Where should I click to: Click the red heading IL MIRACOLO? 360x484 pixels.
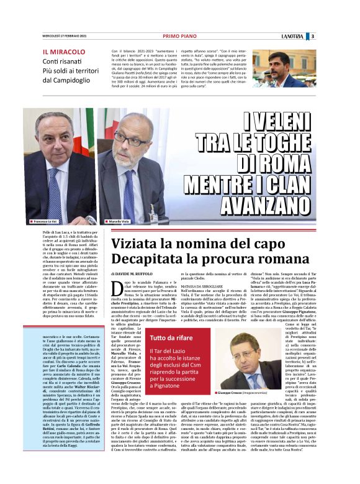(64, 52)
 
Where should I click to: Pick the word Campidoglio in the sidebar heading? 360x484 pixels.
(68, 80)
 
